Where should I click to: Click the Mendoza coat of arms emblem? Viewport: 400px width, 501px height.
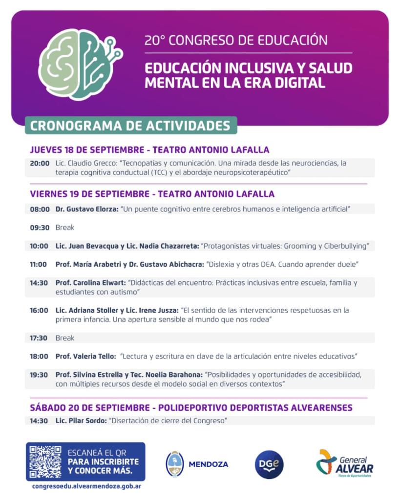175,464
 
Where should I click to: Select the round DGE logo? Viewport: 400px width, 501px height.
269,464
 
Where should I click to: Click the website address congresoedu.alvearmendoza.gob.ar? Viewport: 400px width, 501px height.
86,486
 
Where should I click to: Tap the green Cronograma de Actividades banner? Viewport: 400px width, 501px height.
130,125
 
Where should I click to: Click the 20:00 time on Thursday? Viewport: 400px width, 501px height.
40,163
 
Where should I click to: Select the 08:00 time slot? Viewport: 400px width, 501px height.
40,209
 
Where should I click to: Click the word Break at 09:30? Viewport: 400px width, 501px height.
65,228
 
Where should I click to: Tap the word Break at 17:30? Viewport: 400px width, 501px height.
65,338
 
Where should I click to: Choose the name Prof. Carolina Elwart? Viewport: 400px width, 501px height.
90,283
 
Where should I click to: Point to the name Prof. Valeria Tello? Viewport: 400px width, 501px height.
85,356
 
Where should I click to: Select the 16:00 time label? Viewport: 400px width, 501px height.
40,310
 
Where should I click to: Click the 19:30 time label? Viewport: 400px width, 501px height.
40,375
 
